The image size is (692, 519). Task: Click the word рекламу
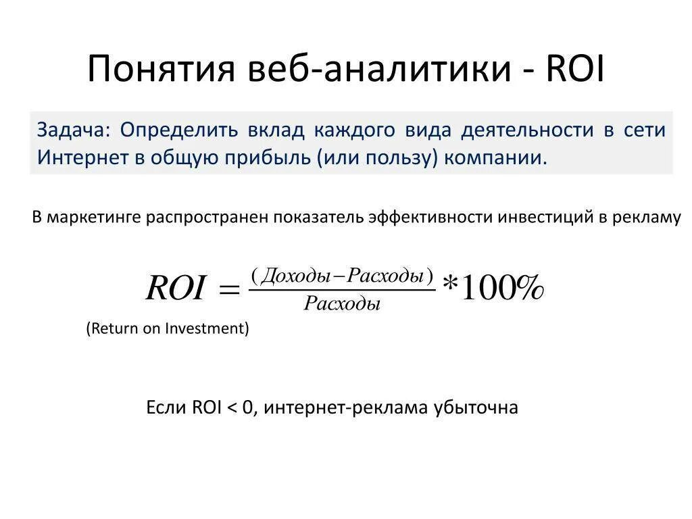tap(648, 217)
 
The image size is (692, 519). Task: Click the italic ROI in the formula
tap(175, 289)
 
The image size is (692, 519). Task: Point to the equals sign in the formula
tap(229, 291)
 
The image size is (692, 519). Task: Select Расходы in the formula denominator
tap(342, 303)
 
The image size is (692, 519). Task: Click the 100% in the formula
tap(500, 289)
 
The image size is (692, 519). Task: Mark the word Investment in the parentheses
tap(207, 328)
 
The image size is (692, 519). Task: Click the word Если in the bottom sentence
tap(167, 407)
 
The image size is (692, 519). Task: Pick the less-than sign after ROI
tap(232, 408)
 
